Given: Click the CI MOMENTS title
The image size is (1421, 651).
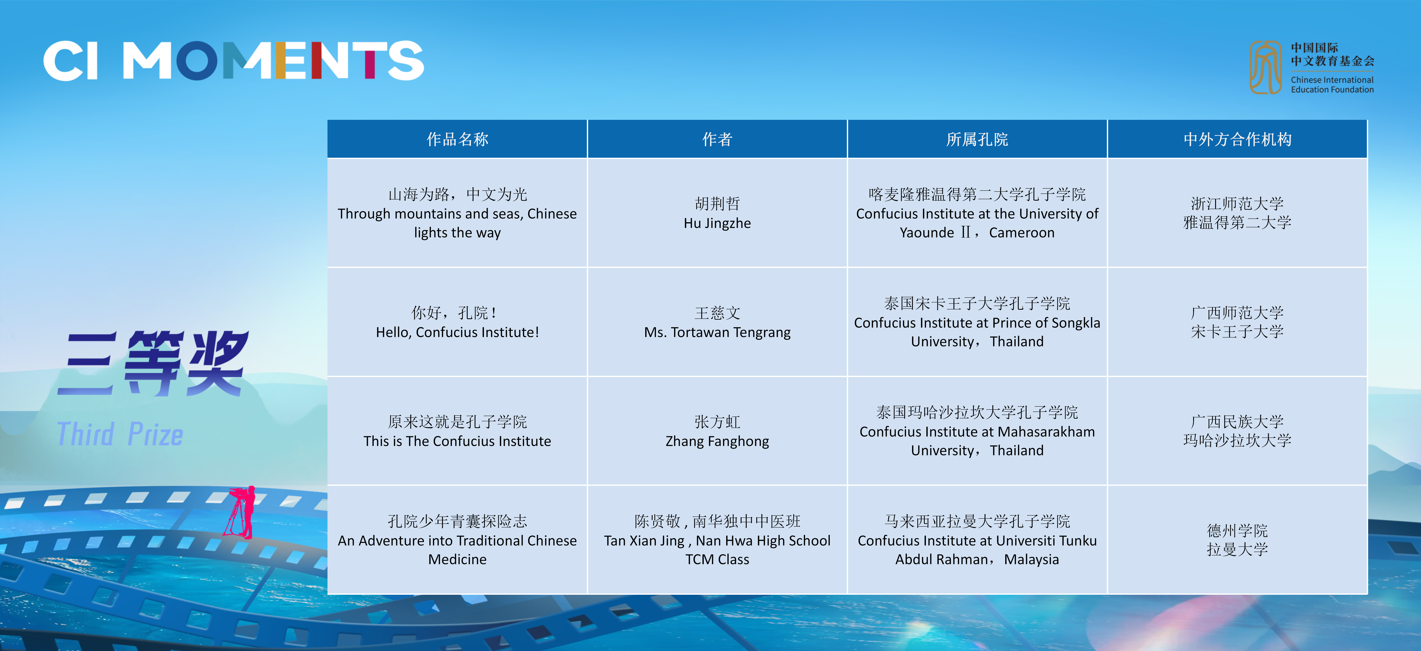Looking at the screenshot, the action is (x=233, y=61).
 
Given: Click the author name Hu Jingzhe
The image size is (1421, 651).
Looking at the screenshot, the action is (x=717, y=223).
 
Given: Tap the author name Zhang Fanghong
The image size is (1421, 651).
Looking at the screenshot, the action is (x=717, y=441).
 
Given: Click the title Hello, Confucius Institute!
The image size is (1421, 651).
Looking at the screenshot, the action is (x=457, y=332).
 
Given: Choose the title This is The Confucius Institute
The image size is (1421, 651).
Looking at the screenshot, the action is (x=457, y=441).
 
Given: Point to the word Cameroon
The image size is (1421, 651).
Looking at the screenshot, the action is (x=1022, y=233).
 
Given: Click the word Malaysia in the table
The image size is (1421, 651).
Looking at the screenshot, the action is (x=1032, y=559).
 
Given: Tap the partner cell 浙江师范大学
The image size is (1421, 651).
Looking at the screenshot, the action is (x=1237, y=204).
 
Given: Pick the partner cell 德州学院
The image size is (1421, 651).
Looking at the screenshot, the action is (x=1237, y=531).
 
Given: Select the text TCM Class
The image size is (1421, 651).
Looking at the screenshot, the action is (x=717, y=559).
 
